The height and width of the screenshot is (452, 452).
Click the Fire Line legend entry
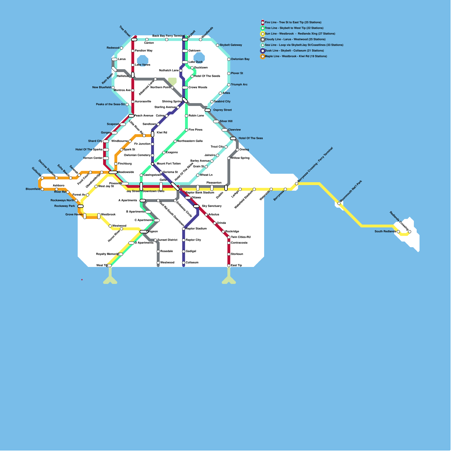coord(293,22)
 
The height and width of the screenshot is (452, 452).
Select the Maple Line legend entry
coord(295,56)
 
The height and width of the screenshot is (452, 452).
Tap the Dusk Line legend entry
coord(294,51)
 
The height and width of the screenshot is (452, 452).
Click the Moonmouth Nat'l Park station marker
coord(339,203)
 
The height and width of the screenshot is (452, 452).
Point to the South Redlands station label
coord(385,231)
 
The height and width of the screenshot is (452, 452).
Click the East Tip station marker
coord(229,266)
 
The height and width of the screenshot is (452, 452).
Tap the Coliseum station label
coord(192,262)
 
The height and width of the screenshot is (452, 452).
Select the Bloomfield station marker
coord(42,189)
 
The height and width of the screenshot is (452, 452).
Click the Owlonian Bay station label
coord(240,59)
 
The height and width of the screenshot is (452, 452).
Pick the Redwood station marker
coord(121,48)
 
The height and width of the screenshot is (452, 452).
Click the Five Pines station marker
coord(186,130)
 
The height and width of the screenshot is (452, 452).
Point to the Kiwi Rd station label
coord(162,132)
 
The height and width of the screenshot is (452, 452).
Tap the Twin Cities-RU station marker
coord(229,237)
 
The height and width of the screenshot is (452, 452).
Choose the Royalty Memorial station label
coord(107,254)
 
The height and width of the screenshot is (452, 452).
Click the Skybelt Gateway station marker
coord(218,45)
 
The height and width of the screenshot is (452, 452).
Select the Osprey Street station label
coord(222,110)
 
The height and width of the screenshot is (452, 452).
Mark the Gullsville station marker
coord(42,178)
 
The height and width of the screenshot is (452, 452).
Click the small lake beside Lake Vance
coord(143,60)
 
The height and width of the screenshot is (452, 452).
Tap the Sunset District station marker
coord(155,240)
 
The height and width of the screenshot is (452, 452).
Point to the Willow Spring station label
coord(240,158)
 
